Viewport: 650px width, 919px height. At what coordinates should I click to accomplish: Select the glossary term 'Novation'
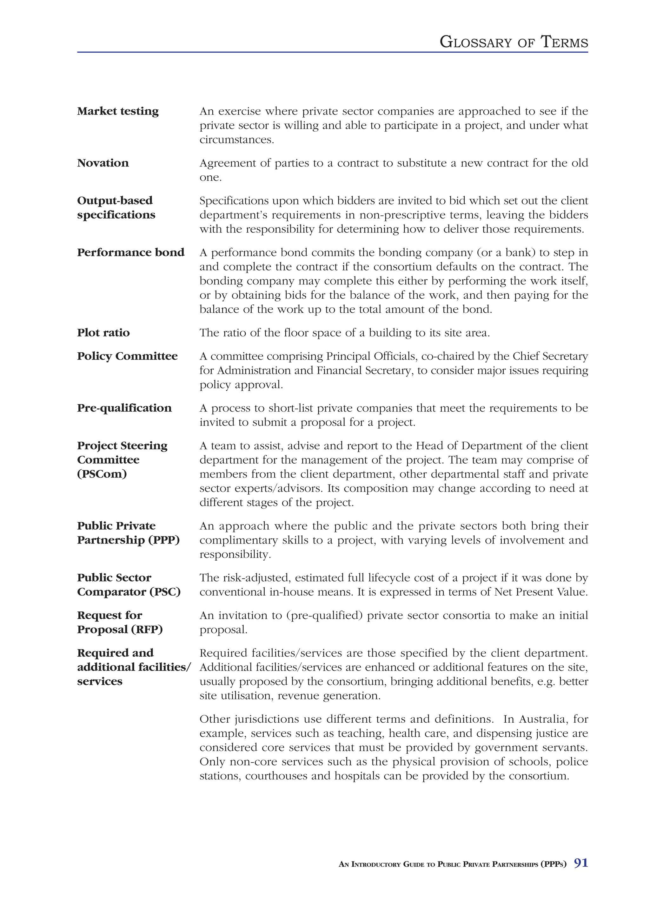click(103, 163)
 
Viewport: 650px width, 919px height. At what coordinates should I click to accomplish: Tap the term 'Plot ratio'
click(103, 333)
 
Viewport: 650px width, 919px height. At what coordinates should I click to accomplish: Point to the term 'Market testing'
click(118, 111)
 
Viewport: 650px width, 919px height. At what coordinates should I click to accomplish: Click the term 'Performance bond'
click(130, 252)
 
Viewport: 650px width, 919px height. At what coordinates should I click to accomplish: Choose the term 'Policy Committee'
click(127, 356)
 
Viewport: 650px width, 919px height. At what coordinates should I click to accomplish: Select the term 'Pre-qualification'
click(124, 408)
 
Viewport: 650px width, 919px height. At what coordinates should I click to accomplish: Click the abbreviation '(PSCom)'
click(102, 474)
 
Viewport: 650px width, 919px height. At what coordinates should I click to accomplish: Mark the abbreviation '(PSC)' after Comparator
click(165, 592)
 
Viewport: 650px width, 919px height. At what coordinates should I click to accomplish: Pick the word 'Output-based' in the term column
click(115, 200)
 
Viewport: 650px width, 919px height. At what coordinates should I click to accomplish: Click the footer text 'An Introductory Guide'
click(381, 864)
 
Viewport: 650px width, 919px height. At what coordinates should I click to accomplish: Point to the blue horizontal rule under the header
click(332, 52)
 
